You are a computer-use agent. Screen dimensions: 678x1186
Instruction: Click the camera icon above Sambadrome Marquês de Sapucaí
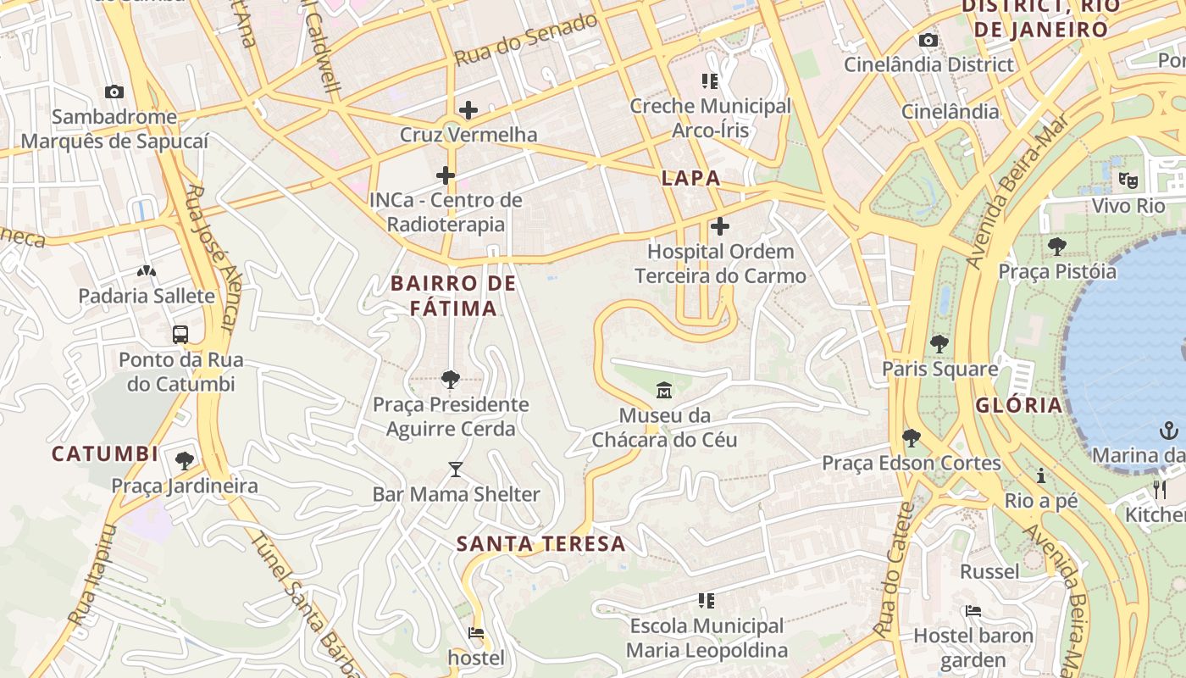[x=114, y=92]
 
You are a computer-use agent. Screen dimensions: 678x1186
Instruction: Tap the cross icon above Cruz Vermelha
[x=468, y=109]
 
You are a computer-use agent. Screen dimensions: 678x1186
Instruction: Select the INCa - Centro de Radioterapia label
[x=446, y=213]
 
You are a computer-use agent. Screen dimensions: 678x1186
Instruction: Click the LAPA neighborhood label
[x=690, y=178]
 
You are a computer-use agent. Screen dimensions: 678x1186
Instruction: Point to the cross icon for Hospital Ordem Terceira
[x=719, y=226]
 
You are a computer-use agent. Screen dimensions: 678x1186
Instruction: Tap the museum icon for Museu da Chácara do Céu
[x=663, y=391]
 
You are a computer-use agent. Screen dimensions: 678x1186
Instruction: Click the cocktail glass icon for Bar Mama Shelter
[x=456, y=469]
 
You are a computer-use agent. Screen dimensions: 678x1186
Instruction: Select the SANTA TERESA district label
[x=541, y=544]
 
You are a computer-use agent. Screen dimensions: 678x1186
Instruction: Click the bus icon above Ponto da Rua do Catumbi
[x=180, y=334]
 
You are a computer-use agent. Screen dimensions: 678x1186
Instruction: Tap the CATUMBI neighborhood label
[x=105, y=454]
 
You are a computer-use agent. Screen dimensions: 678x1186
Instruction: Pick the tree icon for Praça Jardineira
[x=184, y=461]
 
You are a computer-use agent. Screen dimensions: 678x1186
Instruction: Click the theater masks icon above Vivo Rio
[x=1128, y=180]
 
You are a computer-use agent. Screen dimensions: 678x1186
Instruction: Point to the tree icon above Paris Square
[x=939, y=344]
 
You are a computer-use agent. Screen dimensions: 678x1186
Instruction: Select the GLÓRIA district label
[x=1018, y=405]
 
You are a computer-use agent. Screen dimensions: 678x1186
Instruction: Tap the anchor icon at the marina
[x=1168, y=431]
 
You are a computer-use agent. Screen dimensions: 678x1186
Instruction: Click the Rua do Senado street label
[x=526, y=40]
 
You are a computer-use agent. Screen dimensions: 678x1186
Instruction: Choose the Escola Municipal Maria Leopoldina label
[x=707, y=638]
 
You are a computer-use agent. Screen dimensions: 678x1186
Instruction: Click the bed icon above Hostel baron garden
[x=973, y=610]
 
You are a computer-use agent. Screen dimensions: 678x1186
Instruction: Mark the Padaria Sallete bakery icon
[x=147, y=271]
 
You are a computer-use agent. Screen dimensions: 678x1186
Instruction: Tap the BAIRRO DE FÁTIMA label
[x=453, y=296]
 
